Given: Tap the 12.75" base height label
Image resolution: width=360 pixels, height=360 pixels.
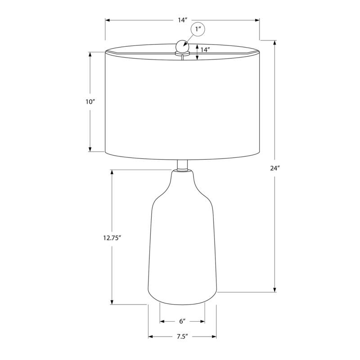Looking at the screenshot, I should point(109,239).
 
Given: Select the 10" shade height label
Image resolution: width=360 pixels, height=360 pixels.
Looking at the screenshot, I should point(90,102).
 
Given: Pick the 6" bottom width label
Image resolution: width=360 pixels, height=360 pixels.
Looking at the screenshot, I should point(182,321).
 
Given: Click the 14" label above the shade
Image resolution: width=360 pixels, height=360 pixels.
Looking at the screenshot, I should point(182,20).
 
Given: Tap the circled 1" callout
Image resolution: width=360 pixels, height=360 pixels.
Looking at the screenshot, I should point(198,30).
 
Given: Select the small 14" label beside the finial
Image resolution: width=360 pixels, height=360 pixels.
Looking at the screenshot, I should point(206,50).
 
